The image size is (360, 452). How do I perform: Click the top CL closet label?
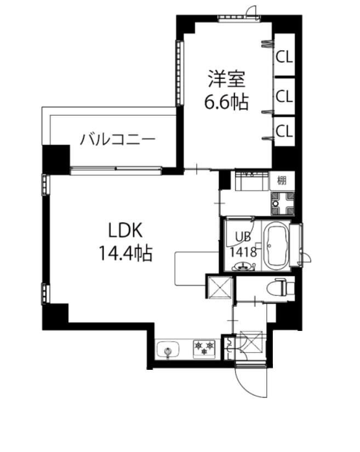click(x=284, y=56)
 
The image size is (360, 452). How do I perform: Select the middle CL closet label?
click(x=284, y=96)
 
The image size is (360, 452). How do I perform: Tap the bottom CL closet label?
click(x=284, y=131)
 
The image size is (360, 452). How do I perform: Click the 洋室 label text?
click(x=225, y=79)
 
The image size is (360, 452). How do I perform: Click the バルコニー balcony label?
click(x=117, y=139)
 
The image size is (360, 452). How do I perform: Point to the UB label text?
click(x=243, y=237)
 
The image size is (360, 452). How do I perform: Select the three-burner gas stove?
click(x=203, y=348)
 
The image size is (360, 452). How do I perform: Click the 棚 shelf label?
click(x=282, y=180)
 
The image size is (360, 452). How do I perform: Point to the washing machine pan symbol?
click(x=283, y=203)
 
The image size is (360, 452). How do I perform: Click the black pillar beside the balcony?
click(x=56, y=158)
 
